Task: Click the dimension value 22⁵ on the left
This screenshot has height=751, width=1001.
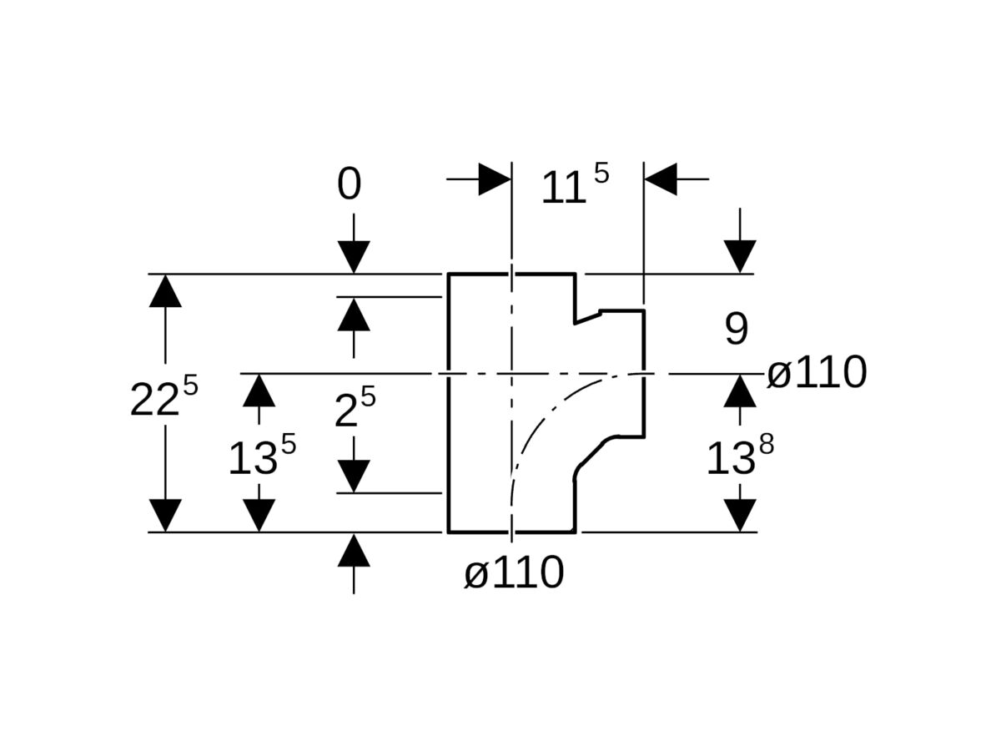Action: (164, 399)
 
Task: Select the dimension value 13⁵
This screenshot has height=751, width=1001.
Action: (262, 456)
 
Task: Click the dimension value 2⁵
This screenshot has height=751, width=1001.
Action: (355, 409)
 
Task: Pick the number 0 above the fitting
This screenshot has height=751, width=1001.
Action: (350, 184)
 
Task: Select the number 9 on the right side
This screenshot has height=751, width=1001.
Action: (736, 330)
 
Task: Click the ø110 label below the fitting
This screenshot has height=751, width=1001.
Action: (514, 573)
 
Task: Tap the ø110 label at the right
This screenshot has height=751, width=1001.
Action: (817, 373)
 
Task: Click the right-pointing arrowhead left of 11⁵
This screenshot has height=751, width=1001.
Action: (494, 179)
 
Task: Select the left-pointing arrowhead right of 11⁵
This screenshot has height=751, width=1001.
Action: (661, 179)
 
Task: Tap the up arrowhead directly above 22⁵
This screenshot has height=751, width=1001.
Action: (165, 291)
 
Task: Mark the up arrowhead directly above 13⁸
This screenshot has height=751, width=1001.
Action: (740, 391)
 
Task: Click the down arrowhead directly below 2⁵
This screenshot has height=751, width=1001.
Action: (355, 476)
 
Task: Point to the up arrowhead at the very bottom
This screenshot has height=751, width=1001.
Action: (355, 551)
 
